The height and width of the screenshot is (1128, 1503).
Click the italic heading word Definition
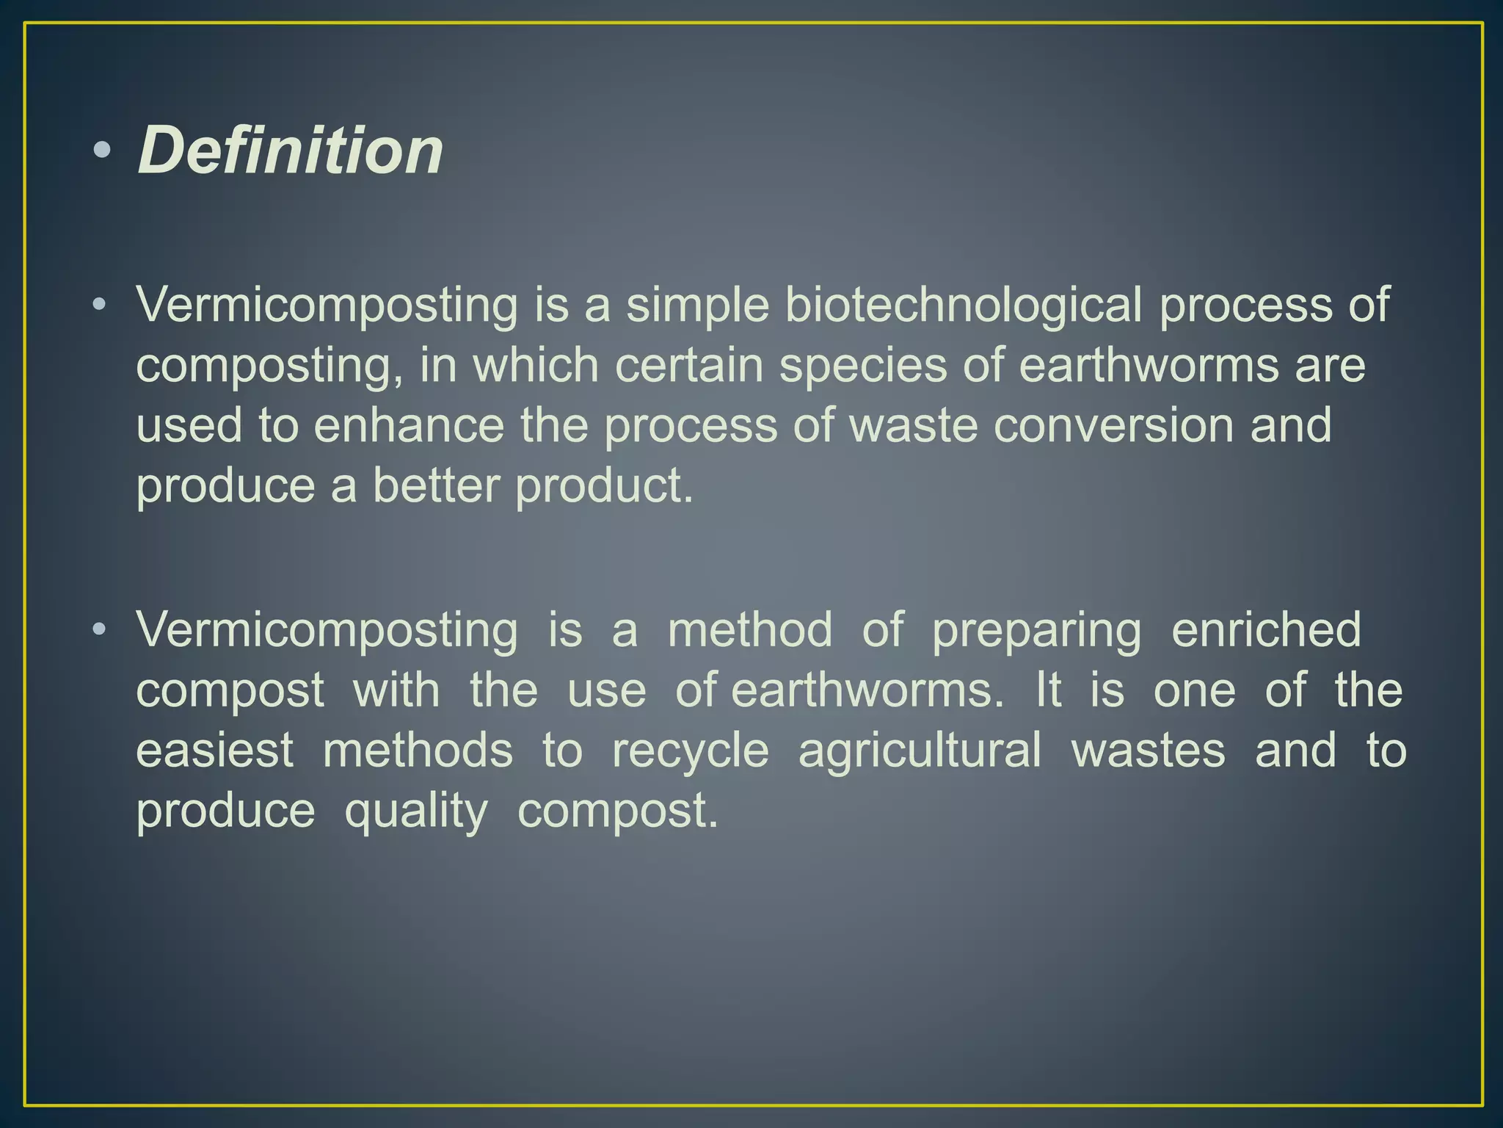coord(291,151)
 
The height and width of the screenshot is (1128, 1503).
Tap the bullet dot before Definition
coord(102,151)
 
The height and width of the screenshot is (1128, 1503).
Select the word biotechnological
coord(964,304)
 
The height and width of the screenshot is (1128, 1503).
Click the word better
coord(436,485)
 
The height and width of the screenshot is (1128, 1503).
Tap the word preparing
coord(1036,630)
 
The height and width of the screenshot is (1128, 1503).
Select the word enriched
coord(1266,630)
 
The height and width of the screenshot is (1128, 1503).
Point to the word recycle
coord(691,751)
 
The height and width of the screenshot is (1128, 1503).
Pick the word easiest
coord(215,751)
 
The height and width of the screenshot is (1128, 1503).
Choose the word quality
coord(416,811)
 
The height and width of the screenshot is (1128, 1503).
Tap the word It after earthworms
coord(1048,690)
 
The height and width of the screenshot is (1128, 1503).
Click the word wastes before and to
coord(1148,751)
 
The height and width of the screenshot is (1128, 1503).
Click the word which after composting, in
coord(536,365)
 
